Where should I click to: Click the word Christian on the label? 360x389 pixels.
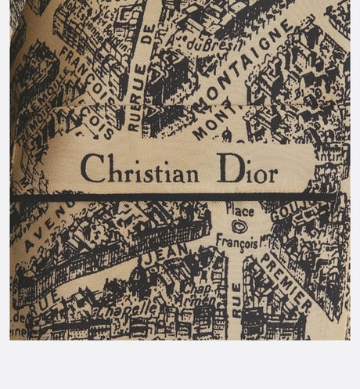[x=139, y=168]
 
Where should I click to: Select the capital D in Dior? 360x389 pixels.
[x=227, y=167]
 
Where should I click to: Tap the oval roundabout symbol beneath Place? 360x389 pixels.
[x=239, y=226]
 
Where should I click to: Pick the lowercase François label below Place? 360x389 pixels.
[x=236, y=243]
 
